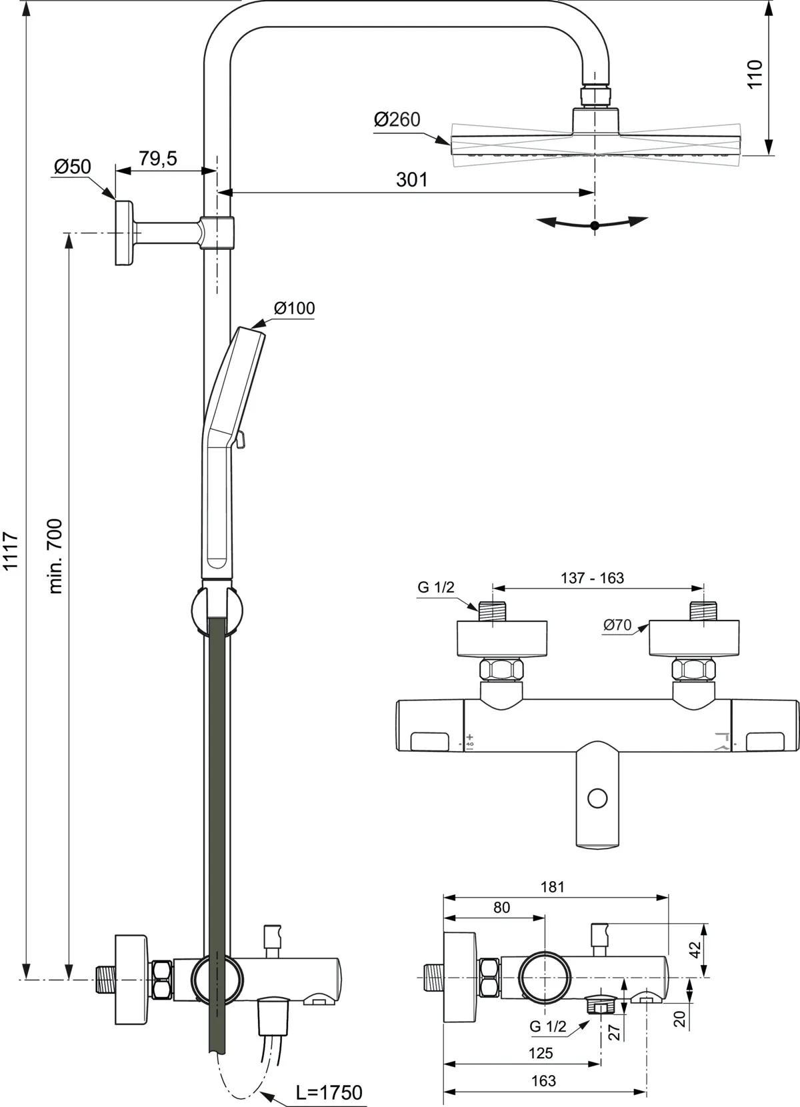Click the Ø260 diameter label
pos(397,120)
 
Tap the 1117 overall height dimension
pos(11,551)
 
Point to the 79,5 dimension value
pos(157,159)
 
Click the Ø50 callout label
pos(72,167)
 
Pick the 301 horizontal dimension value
pos(412,179)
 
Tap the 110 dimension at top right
pos(754,74)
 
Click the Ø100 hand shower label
pos(294,308)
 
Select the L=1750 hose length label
pos(329,1092)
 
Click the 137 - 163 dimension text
pos(592,578)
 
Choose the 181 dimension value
pos(553,887)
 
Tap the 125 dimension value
pos(541,1053)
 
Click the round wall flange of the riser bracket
pos(124,232)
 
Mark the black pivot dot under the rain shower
pos(595,225)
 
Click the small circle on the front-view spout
pos(598,798)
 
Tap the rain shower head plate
pos(595,142)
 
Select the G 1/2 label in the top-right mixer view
pos(436,587)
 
